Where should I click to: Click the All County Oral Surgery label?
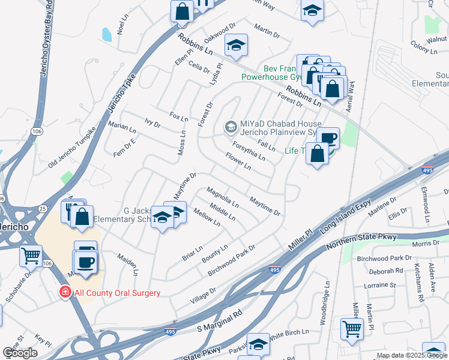tap(117, 293)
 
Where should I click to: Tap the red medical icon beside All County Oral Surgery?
tap(64, 292)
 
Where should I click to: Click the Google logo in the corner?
tap(20, 353)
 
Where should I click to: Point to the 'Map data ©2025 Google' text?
tap(411, 356)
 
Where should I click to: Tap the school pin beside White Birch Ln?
tap(258, 344)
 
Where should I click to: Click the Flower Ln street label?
tap(238, 161)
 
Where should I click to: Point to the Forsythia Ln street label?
tap(249, 151)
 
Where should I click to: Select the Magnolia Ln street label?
tap(222, 197)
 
